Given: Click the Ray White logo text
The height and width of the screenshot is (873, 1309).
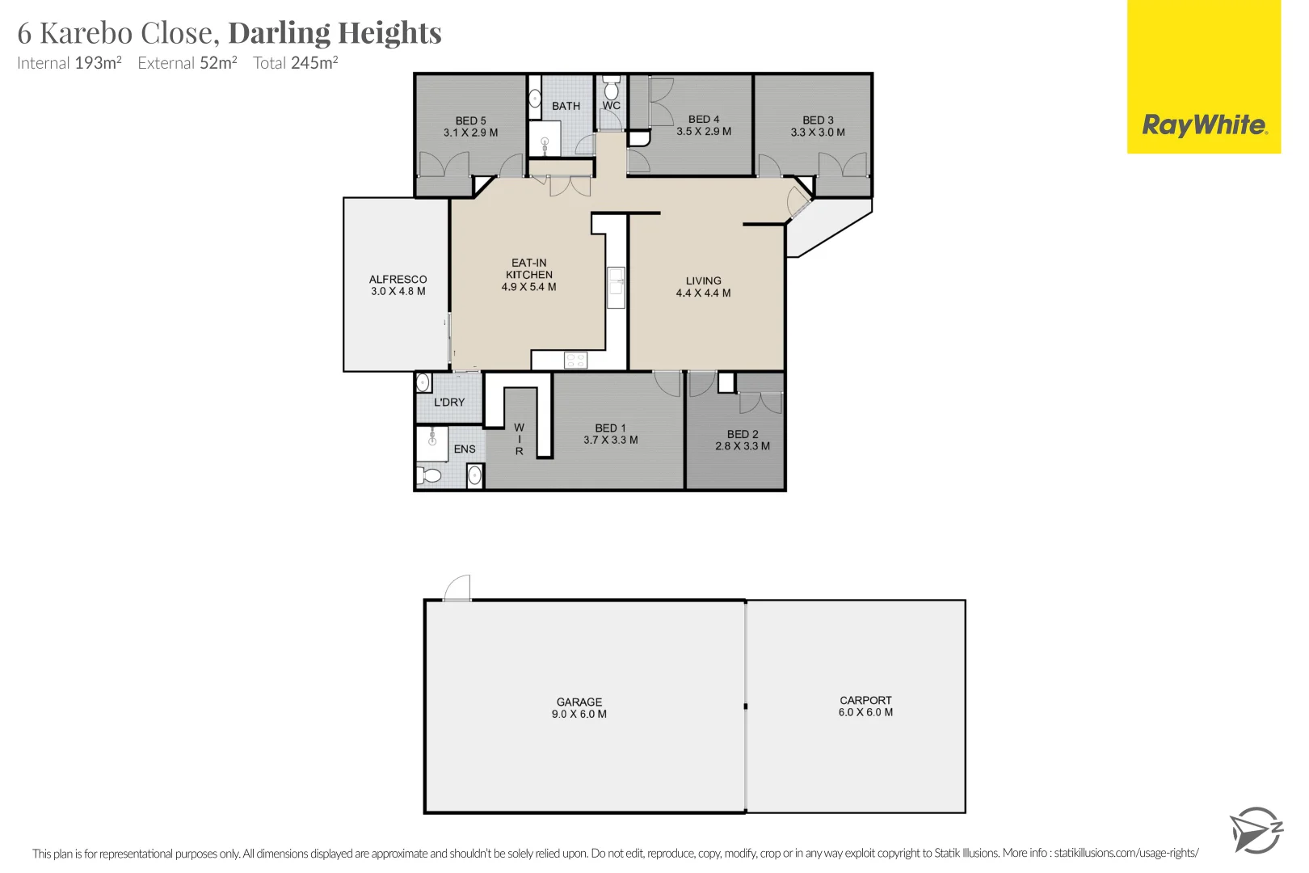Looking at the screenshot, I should point(1203,125).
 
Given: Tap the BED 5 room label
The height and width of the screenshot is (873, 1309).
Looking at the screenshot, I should point(470,120).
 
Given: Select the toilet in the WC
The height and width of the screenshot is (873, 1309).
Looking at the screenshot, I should point(612,89).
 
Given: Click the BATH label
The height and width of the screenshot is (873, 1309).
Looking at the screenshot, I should point(566,106).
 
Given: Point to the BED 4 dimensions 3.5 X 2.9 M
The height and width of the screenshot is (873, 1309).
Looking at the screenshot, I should point(704,131).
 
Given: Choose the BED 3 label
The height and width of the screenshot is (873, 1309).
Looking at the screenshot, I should point(818,120).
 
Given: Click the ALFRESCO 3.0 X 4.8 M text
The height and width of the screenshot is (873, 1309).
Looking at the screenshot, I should point(398,285).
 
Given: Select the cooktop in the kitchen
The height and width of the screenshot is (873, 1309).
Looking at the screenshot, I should point(575,361).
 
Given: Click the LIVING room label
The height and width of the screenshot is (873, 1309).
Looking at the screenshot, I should point(703,280).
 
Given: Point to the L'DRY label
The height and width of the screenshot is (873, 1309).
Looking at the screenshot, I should point(449,402).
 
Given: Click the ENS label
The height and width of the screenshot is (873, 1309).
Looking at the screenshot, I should point(465,449).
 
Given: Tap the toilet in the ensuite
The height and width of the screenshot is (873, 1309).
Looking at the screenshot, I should point(429,475).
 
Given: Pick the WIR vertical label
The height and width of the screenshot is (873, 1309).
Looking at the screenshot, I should point(520,439).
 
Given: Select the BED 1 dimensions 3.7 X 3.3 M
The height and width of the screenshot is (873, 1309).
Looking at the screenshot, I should point(611,440).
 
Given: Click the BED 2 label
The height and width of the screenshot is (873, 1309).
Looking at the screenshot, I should point(743,434).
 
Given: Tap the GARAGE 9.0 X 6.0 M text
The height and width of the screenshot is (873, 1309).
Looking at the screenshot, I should point(579,708).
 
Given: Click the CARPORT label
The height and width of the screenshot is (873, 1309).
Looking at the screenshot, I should point(865,700).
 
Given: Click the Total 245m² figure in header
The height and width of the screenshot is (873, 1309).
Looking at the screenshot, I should point(295,63).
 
